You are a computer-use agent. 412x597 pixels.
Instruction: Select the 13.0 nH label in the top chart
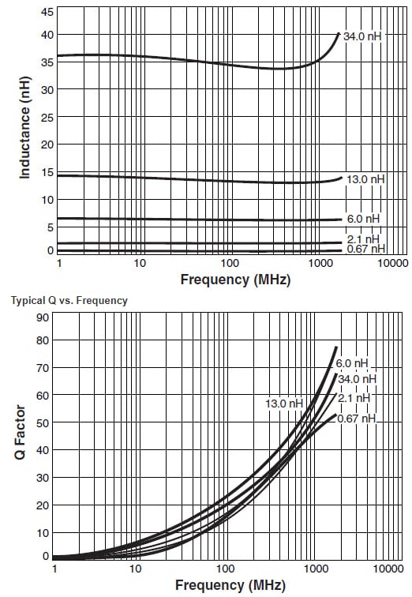click(365, 180)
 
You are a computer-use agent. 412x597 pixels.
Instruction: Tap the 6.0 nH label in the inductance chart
click(363, 219)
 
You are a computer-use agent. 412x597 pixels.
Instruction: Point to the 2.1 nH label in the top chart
click(363, 239)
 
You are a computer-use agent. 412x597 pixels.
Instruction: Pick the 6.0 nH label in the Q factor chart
click(352, 364)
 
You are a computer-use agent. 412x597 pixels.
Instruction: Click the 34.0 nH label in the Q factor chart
click(357, 378)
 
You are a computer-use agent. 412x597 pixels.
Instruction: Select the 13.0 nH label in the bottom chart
click(284, 404)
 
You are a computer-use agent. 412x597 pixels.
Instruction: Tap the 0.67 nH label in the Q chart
click(357, 419)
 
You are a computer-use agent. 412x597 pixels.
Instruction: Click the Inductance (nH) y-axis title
click(24, 131)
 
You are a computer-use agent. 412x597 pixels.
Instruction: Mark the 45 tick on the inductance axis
click(47, 12)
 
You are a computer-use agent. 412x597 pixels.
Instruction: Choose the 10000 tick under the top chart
click(392, 263)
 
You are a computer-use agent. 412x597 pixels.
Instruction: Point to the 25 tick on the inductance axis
click(47, 118)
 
